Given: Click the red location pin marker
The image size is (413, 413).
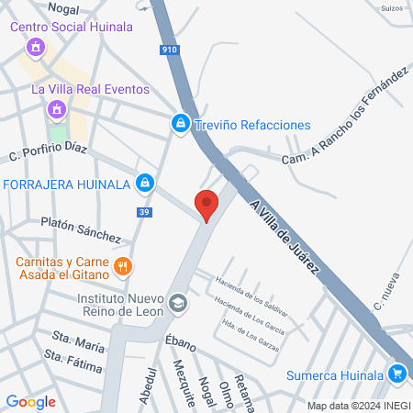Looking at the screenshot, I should pos(207,206).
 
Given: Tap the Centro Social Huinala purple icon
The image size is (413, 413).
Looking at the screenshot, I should pos(36,46).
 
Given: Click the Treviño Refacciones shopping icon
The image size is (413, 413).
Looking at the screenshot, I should pos(182,122).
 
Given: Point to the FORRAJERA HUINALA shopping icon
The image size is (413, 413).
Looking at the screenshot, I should pos(144,184).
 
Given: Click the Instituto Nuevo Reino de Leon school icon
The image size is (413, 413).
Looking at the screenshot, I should pos(179,301).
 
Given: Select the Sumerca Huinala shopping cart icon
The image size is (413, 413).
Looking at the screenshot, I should pos(396,374).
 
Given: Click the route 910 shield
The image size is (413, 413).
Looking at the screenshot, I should pos(168,50).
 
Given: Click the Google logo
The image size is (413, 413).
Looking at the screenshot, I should pos(30,401).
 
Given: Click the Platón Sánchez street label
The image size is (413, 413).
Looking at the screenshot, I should pos(81,230).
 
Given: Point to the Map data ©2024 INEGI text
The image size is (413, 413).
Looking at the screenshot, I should pos(358,405).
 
